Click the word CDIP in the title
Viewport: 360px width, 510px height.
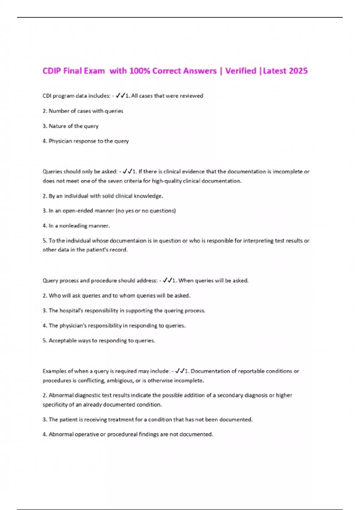(x=51, y=71)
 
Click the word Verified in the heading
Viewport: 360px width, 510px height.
(x=241, y=71)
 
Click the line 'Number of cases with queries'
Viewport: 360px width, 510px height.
(x=83, y=111)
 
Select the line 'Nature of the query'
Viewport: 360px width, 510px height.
(x=70, y=126)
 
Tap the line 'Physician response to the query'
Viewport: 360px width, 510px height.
(x=86, y=141)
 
